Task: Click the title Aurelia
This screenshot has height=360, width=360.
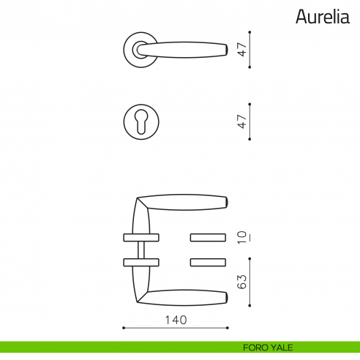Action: (x=323, y=16)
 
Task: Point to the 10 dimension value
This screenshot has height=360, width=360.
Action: (x=241, y=237)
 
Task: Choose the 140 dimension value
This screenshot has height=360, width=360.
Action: (x=176, y=320)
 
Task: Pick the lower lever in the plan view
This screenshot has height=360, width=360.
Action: (x=183, y=297)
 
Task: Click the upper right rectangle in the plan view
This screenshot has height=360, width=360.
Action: (x=209, y=237)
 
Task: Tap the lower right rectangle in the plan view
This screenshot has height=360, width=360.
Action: (x=209, y=262)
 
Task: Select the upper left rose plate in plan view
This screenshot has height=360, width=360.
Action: (x=140, y=237)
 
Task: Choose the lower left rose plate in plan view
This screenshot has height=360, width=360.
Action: (x=140, y=262)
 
